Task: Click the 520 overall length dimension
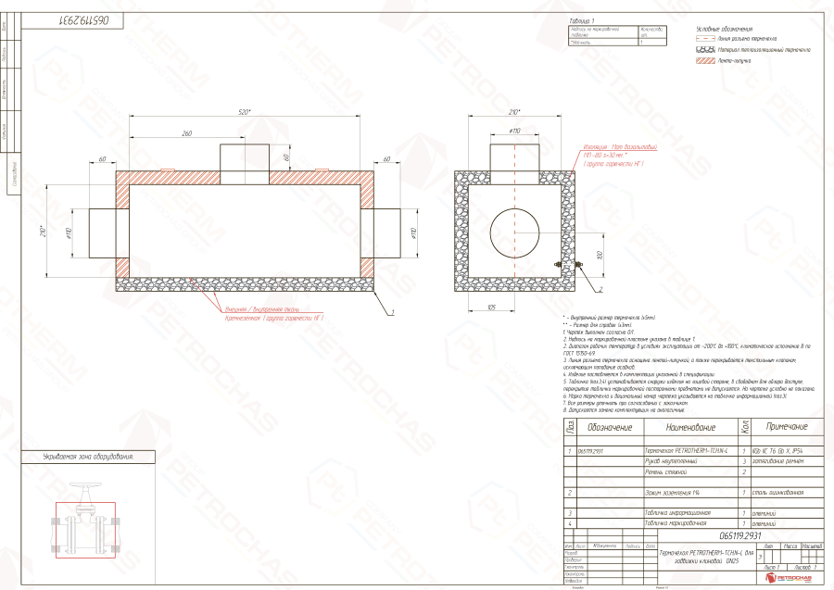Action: pos(245,111)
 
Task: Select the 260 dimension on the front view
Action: pos(186,134)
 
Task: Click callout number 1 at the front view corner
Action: pos(393,313)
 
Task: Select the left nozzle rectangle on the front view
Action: pos(102,232)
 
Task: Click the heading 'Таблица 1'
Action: pos(581,19)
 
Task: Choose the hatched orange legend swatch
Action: pos(704,60)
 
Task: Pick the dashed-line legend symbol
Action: pos(704,40)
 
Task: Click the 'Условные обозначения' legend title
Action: pos(723,30)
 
